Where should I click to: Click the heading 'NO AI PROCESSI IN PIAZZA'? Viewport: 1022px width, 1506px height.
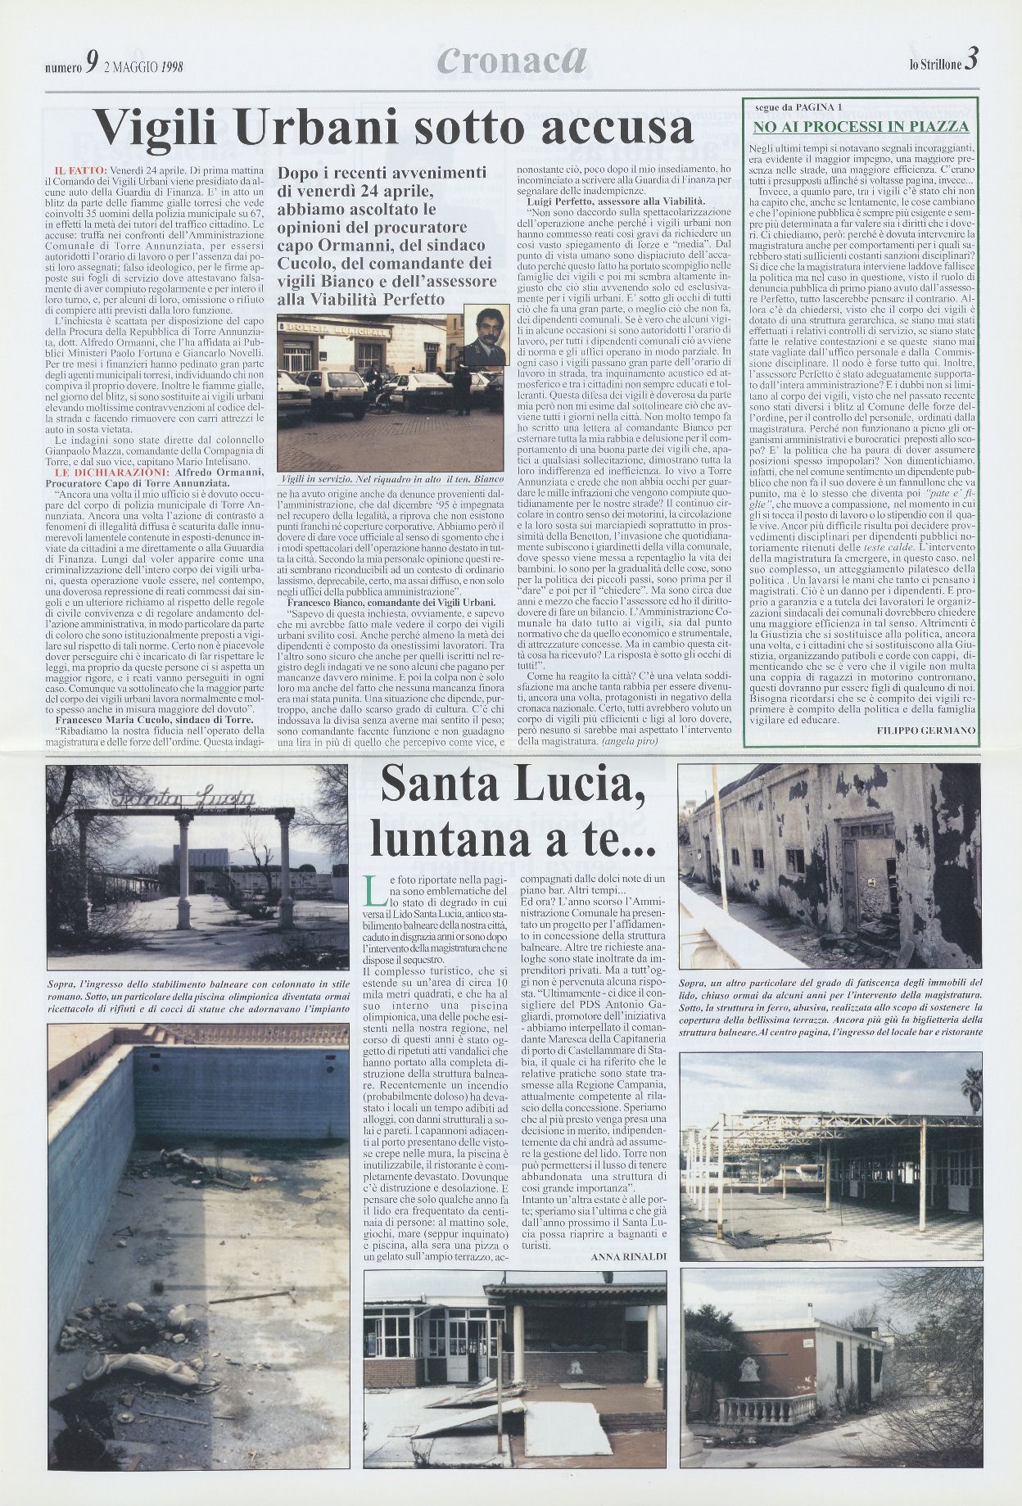(861, 126)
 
